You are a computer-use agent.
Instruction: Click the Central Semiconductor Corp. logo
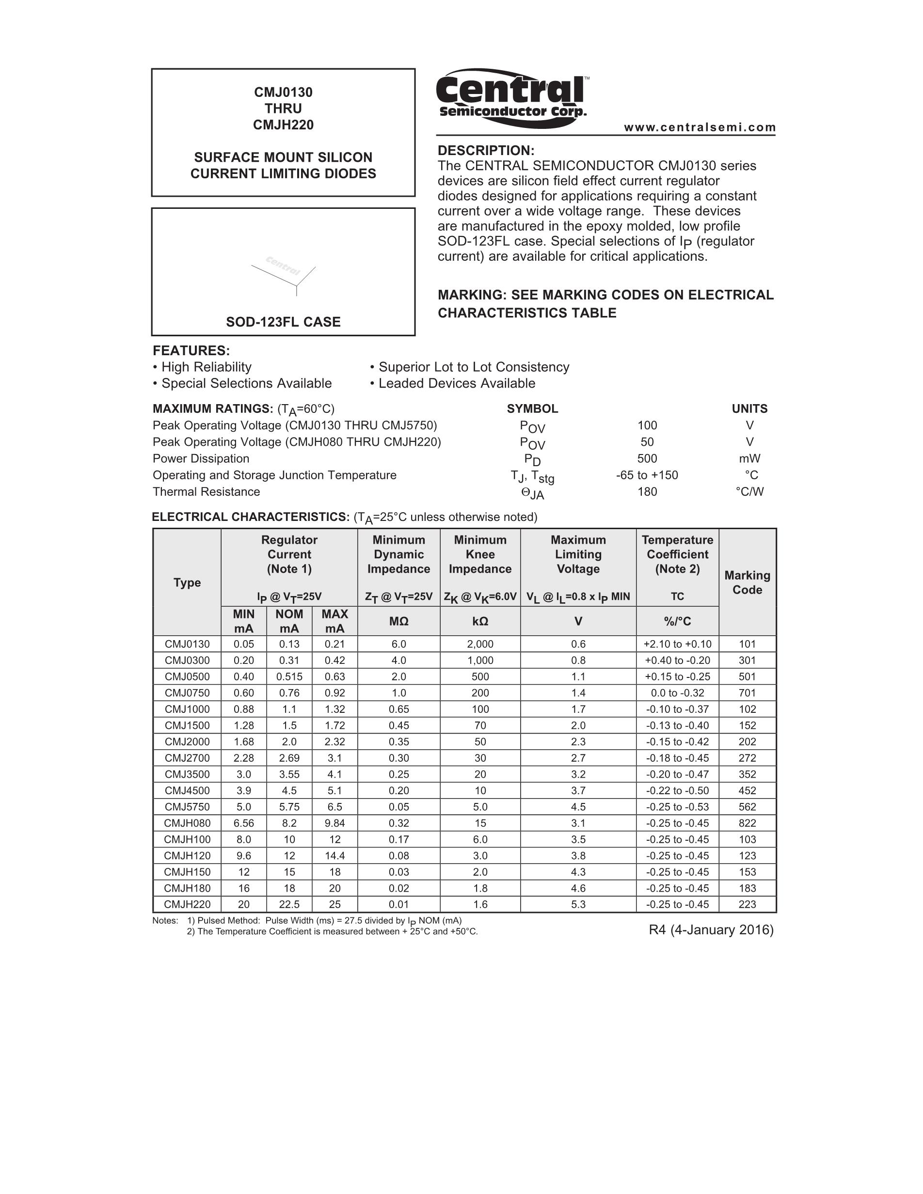coord(512,97)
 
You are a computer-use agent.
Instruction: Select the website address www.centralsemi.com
coord(700,127)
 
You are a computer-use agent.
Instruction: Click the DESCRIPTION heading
coord(486,150)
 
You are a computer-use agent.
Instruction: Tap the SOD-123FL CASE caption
coord(283,322)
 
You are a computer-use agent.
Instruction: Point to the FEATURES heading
coord(191,350)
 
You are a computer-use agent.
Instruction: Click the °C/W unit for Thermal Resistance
coord(749,491)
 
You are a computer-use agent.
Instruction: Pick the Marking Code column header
coord(747,582)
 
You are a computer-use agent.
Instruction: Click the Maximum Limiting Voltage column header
coord(578,554)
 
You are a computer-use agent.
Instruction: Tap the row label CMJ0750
coord(187,692)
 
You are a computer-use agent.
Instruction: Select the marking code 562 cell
coord(747,807)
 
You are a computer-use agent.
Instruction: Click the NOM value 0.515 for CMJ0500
coord(289,677)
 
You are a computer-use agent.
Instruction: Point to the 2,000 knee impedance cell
coord(480,644)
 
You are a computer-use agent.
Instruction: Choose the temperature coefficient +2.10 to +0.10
coord(678,644)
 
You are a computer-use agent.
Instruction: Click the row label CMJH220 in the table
coord(187,904)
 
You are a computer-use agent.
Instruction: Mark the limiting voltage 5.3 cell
coord(578,904)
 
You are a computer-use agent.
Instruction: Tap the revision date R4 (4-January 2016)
coord(711,930)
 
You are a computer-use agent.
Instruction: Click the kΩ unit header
coord(480,621)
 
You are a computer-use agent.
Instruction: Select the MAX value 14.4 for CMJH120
coord(334,856)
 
